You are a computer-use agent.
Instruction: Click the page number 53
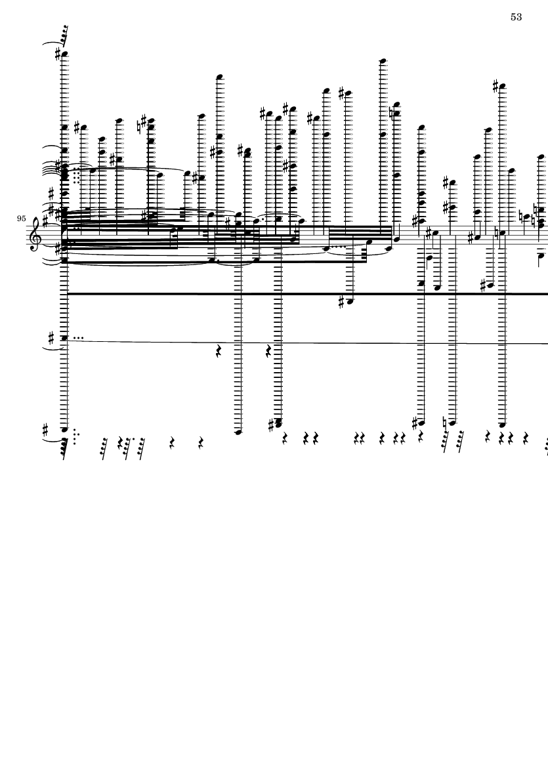coord(516,17)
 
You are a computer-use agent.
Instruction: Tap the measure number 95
coord(21,218)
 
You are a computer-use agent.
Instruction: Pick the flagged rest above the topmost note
coord(63,37)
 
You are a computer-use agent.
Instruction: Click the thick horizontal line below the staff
coord(307,294)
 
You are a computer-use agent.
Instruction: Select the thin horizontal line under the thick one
coord(307,341)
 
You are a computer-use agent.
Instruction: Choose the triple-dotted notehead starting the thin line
coord(64,339)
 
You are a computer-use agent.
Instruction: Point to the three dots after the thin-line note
coord(77,339)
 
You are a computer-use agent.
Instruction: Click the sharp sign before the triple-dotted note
coord(51,338)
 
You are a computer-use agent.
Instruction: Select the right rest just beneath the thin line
coord(269,352)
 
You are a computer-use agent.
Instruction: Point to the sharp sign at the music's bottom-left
coord(46,428)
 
